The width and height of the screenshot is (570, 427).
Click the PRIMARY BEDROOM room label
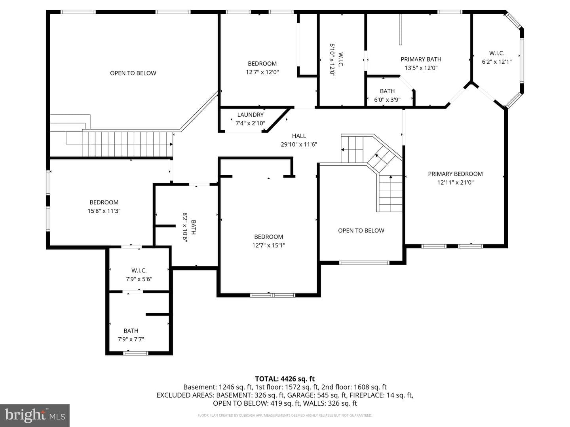tap(455, 174)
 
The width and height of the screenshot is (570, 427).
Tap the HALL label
tap(299, 136)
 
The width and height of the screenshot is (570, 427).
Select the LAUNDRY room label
tap(250, 115)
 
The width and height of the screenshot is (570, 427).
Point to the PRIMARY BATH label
tap(421, 59)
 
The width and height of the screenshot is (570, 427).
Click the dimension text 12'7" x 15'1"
tap(268, 245)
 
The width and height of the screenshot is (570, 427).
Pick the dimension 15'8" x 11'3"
tap(104, 211)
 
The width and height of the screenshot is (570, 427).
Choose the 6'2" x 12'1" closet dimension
tap(497, 62)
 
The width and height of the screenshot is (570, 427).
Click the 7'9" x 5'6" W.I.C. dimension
tap(139, 279)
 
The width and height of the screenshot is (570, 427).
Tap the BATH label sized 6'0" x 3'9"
tap(387, 91)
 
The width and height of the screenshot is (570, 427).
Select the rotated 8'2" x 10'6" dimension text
tap(185, 227)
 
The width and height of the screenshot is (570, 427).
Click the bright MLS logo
tap(35, 416)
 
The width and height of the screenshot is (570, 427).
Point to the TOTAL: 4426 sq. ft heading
tap(285, 379)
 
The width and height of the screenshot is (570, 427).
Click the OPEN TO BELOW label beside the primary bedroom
tap(361, 231)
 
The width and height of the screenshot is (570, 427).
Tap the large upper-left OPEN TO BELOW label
tap(133, 73)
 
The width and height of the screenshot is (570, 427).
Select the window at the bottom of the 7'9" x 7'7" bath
tap(136, 353)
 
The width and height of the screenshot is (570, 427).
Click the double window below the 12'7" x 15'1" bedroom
tap(273, 295)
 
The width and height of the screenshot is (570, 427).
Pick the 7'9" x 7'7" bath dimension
tap(131, 339)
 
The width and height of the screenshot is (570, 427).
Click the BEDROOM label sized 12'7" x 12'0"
tap(262, 64)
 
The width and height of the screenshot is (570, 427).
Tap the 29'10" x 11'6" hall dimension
tap(299, 144)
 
